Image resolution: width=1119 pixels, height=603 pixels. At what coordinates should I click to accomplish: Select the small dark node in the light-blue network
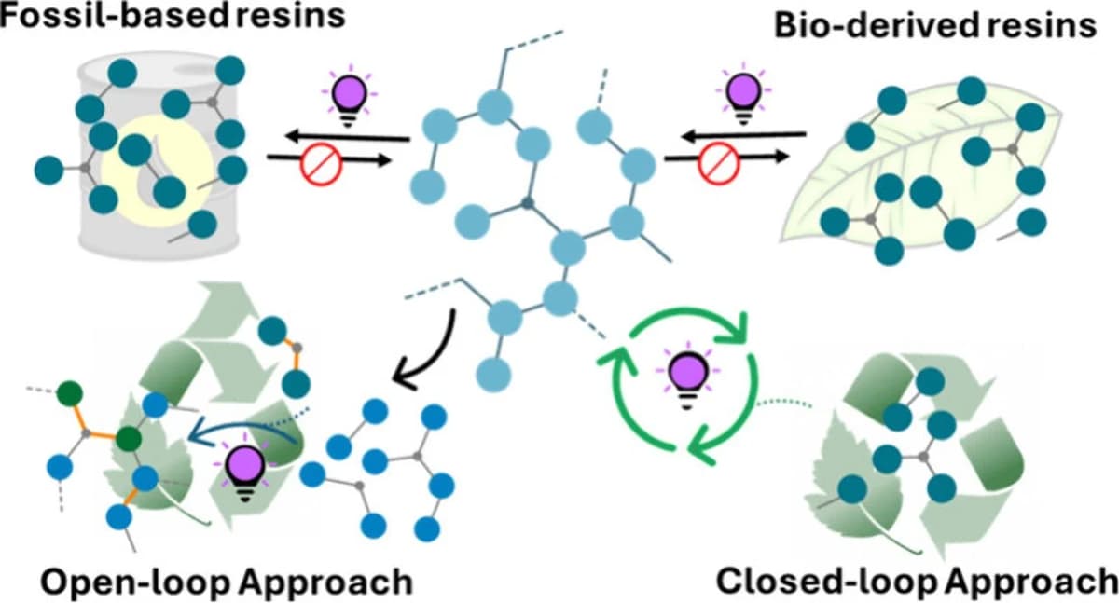pyautogui.click(x=528, y=203)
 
